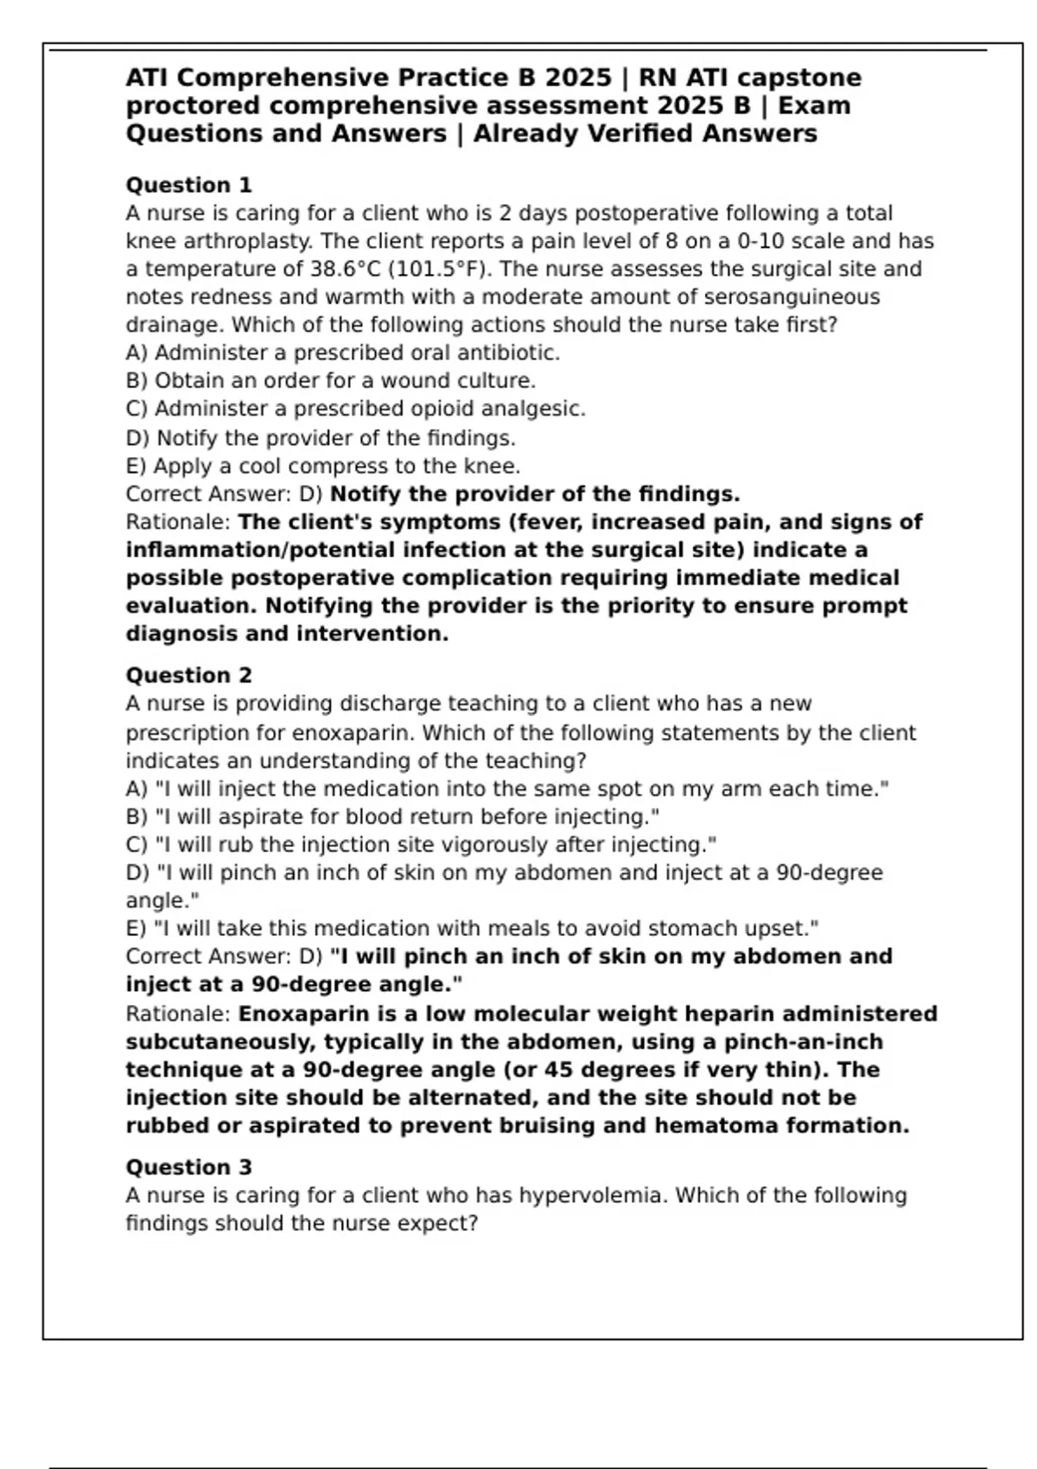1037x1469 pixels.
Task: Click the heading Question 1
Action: [188, 185]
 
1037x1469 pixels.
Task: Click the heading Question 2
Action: [188, 675]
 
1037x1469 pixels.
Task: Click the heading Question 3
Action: [188, 1167]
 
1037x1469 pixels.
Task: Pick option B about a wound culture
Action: [331, 380]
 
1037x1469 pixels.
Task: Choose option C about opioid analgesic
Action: [355, 409]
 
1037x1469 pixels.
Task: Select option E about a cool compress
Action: [322, 467]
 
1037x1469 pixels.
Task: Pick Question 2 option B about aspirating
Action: [392, 817]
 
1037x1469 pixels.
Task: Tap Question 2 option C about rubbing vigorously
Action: [421, 844]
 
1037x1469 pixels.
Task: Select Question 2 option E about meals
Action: [472, 928]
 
